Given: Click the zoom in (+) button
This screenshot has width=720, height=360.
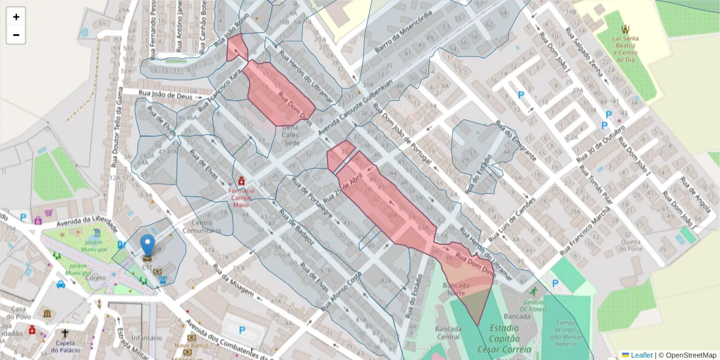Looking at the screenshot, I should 16,17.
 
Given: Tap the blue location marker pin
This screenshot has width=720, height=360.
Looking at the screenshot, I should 147,246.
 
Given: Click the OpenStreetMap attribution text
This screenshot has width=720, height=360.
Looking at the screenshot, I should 687,355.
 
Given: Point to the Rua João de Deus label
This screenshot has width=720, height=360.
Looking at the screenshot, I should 165,94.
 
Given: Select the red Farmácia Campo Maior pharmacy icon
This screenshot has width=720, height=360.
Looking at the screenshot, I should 241,181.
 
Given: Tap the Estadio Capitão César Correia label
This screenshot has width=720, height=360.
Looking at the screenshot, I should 504,338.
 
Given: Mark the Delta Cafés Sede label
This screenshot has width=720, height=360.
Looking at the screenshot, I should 291,135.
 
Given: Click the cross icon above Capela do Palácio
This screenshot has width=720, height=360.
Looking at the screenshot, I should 65,333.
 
